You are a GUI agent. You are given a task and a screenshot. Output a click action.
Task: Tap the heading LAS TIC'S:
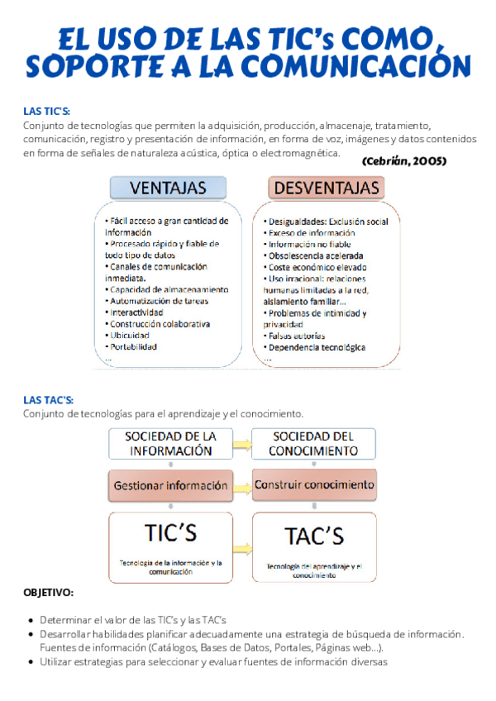[46, 112]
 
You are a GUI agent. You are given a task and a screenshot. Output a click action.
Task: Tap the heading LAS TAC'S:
[49, 400]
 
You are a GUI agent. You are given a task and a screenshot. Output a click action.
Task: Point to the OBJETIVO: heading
[48, 593]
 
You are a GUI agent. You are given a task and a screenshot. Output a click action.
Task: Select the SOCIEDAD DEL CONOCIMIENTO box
[313, 443]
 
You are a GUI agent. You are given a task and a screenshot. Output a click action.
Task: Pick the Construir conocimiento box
[313, 484]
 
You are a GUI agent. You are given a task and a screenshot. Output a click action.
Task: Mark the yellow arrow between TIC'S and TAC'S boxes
[242, 547]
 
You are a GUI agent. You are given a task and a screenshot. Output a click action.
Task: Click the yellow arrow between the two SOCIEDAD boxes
[242, 445]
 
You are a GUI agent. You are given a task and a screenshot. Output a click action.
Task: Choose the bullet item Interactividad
[136, 312]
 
